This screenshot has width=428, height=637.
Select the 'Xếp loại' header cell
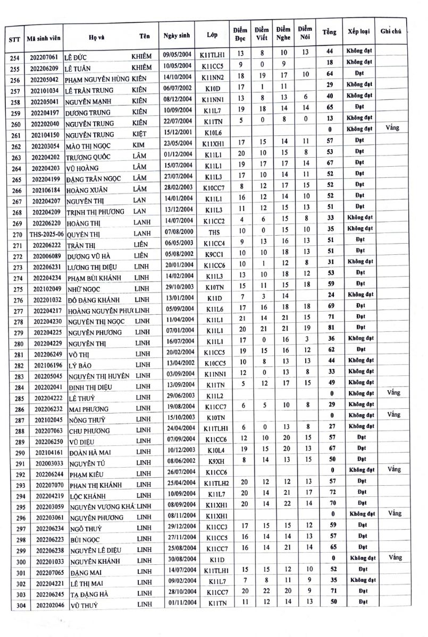(358, 32)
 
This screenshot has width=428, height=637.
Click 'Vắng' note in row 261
(394, 127)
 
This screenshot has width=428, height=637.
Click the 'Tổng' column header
(329, 32)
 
